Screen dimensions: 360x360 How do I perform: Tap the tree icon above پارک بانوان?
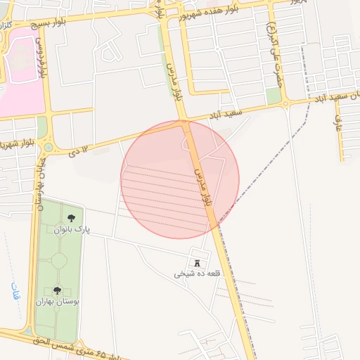click(x=71, y=218)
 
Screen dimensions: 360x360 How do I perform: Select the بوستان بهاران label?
click(x=58, y=302)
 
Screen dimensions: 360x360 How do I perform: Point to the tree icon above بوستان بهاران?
click(x=57, y=290)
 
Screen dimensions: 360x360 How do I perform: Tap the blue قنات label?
click(x=15, y=293)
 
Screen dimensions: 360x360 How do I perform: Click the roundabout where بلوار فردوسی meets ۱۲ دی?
click(x=48, y=147)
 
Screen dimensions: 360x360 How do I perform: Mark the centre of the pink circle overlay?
click(x=180, y=179)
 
